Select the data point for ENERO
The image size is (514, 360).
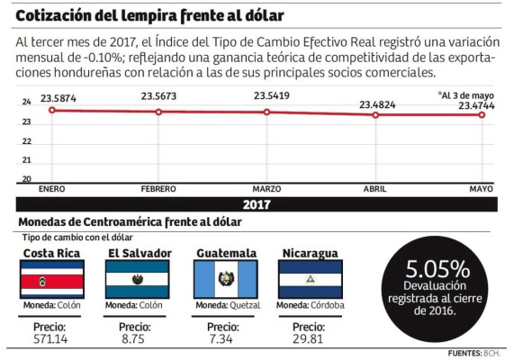52,110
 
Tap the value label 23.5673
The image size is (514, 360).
159,97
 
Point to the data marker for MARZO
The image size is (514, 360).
267,112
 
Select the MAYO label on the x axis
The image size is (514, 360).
480,189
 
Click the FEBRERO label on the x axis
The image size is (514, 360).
158,189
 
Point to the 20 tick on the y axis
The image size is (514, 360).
26,178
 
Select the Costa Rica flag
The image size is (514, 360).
52,280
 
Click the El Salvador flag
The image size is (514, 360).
137,280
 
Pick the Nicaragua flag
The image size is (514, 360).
310,280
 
